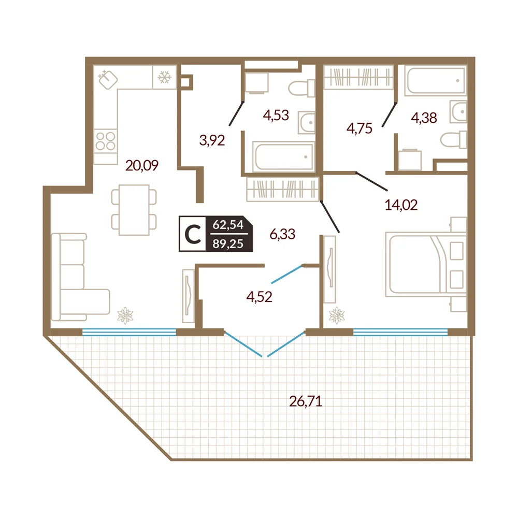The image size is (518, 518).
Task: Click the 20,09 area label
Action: coord(142,165)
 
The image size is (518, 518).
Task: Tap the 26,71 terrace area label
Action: coord(306,401)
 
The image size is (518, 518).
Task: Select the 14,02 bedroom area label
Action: coord(401,205)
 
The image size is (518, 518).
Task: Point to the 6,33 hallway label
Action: coord(282,234)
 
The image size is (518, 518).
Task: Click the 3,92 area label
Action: coord(212,140)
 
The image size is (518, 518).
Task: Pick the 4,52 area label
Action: coord(260,297)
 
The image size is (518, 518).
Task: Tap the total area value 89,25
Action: coord(228,244)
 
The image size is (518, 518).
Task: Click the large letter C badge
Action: coord(193,234)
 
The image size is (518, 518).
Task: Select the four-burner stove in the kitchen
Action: coord(105,141)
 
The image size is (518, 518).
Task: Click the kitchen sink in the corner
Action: coord(108,80)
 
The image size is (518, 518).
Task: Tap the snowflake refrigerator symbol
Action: coord(165,77)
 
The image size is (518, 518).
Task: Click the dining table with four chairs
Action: coord(134,210)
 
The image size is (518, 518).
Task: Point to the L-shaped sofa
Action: coord(80,277)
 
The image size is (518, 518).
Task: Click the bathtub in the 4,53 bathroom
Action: coord(283,156)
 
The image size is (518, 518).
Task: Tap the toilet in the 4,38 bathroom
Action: coord(454,140)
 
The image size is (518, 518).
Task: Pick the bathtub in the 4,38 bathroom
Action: coord(436,81)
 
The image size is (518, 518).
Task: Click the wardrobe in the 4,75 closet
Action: coord(358,77)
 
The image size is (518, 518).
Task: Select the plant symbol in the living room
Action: coord(125,315)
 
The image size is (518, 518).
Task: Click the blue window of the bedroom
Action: coord(400,332)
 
